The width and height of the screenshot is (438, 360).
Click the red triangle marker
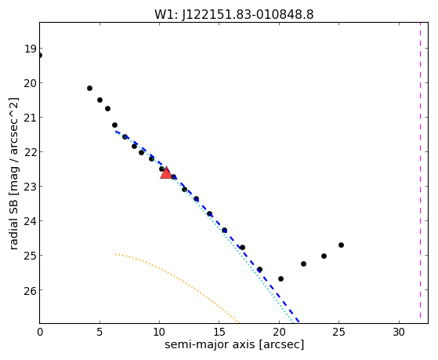pyautogui.click(x=166, y=173)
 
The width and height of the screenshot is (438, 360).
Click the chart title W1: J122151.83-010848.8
pyautogui.click(x=234, y=14)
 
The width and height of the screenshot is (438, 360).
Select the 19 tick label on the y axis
pyautogui.click(x=31, y=49)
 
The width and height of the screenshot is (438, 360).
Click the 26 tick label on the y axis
pyautogui.click(x=31, y=290)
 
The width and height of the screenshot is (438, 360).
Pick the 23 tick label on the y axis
pyautogui.click(x=31, y=187)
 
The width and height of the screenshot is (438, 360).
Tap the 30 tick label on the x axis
pyautogui.click(x=399, y=332)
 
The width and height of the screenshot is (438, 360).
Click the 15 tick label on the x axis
pyautogui.click(x=219, y=332)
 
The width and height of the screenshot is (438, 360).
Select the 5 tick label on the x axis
pyautogui.click(x=100, y=332)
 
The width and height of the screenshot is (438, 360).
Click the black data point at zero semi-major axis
pyautogui.click(x=40, y=56)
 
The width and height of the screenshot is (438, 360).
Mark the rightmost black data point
pyautogui.click(x=341, y=245)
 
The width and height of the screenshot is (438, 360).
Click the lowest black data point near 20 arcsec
pyautogui.click(x=281, y=279)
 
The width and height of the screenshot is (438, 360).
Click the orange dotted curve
pyautogui.click(x=177, y=280)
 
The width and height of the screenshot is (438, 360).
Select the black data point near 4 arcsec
pyautogui.click(x=89, y=89)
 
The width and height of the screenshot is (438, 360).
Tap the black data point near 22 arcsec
pyautogui.click(x=304, y=264)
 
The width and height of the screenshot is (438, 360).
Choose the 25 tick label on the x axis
pyautogui.click(x=338, y=332)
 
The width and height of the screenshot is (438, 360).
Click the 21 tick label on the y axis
pyautogui.click(x=31, y=118)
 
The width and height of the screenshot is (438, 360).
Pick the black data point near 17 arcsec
pyautogui.click(x=242, y=248)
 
